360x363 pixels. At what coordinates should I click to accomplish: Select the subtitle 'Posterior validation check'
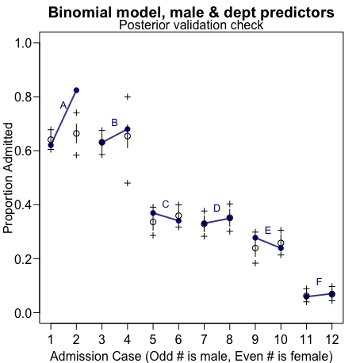191,25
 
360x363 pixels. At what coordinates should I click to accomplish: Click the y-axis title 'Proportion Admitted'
9,178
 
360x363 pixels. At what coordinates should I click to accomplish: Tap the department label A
63,105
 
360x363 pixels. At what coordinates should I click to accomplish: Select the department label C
165,204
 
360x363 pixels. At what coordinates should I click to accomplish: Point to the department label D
216,208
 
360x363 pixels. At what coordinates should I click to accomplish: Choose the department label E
267,230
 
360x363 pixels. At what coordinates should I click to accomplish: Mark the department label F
319,281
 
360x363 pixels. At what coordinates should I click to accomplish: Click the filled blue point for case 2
76,90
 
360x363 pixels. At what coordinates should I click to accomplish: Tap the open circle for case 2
76,134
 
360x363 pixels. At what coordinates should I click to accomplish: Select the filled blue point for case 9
255,238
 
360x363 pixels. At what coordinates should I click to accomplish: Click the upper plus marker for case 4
127,97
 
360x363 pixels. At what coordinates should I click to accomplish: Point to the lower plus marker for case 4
127,183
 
